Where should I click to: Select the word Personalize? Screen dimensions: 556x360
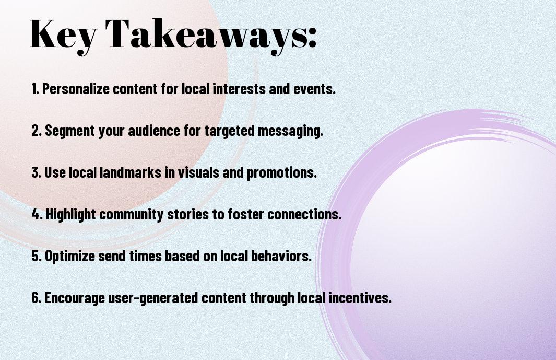tap(76, 89)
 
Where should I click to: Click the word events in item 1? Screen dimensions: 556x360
tap(314, 89)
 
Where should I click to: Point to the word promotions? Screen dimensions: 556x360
tap(281, 173)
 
